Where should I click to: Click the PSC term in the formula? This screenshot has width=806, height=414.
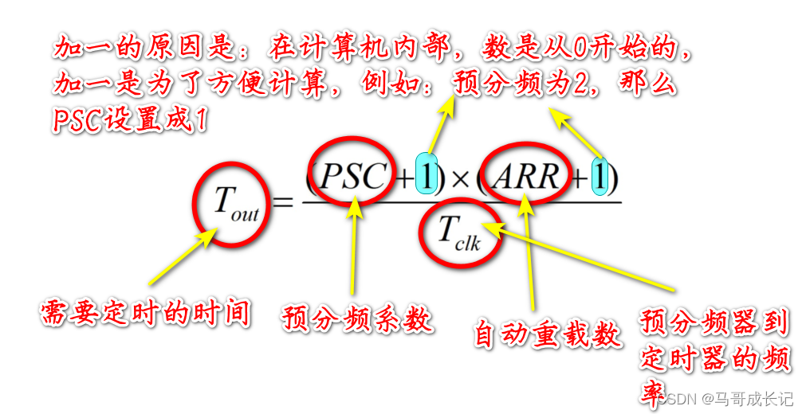coord(352,177)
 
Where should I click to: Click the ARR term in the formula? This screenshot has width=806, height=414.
coord(525,177)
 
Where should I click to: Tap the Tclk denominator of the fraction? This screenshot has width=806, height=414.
coord(459,233)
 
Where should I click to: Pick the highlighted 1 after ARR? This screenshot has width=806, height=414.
coord(600,177)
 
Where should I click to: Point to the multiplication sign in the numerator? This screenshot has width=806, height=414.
coord(460,178)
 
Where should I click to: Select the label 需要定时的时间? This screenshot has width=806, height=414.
coord(145,313)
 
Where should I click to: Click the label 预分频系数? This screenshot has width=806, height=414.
coord(356,319)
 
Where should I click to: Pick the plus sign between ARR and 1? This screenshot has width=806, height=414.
coord(577,178)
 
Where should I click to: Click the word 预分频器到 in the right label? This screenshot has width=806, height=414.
coord(714,322)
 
